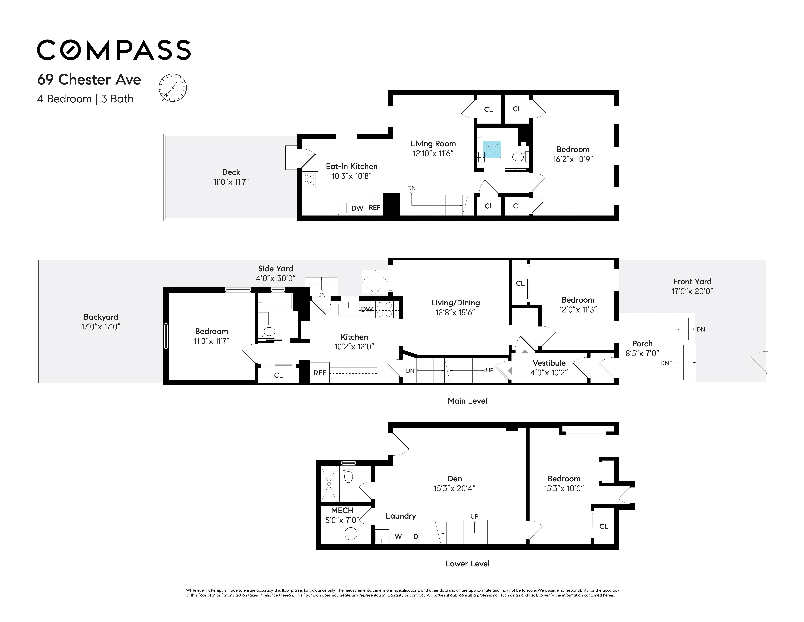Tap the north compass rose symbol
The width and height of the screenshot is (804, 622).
click(173, 88)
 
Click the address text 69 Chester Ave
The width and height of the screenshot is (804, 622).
click(89, 80)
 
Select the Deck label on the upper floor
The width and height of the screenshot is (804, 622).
click(231, 172)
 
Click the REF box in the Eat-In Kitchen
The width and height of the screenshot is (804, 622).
click(374, 207)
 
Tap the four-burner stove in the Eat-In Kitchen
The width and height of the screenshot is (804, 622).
click(310, 180)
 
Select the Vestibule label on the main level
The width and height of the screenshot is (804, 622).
click(549, 363)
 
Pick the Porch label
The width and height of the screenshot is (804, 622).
click(642, 344)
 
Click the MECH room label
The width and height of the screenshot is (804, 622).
click(342, 510)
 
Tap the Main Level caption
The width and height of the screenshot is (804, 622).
click(467, 401)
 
